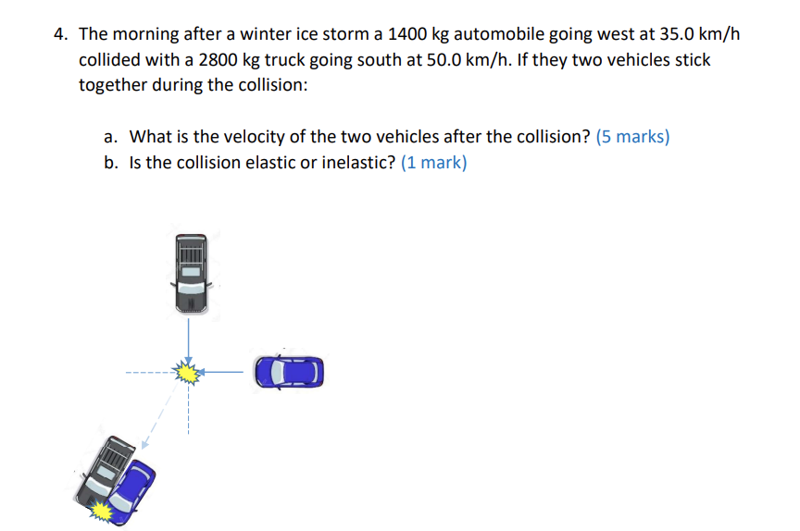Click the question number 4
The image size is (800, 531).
(60, 35)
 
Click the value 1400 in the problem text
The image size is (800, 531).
(406, 35)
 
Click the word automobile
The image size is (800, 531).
(507, 35)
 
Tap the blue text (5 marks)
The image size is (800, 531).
(633, 137)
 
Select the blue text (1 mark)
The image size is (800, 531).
(434, 163)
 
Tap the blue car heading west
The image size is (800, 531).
(290, 372)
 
